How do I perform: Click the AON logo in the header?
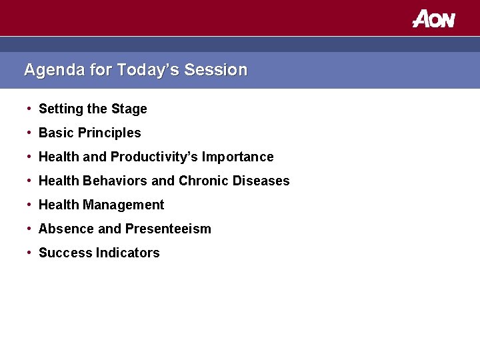click(433, 19)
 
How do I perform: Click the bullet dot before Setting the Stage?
click(29, 108)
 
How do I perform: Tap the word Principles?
click(109, 133)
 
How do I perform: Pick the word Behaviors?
click(115, 181)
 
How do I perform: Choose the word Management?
click(123, 205)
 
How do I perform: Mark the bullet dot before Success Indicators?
click(29, 252)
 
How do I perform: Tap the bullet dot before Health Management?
click(29, 204)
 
